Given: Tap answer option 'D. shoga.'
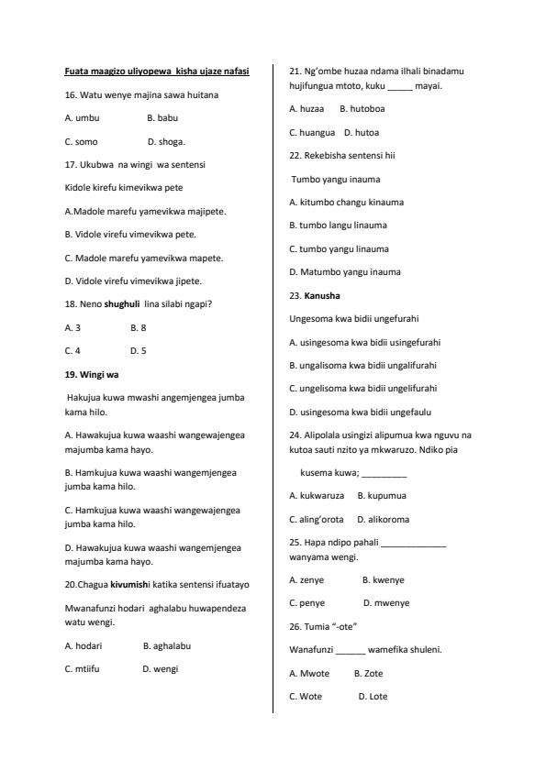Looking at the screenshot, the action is point(166,142).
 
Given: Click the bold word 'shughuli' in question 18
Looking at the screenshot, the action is point(122,303).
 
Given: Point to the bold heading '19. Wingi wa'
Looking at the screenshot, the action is point(92,374).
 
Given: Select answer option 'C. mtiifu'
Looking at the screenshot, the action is point(82,669).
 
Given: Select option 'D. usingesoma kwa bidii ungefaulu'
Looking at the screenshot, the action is point(360,413).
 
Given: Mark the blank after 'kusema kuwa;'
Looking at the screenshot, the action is point(384,474).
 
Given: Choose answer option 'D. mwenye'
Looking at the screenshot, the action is point(386,603).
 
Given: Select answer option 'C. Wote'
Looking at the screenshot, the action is point(306,697).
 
